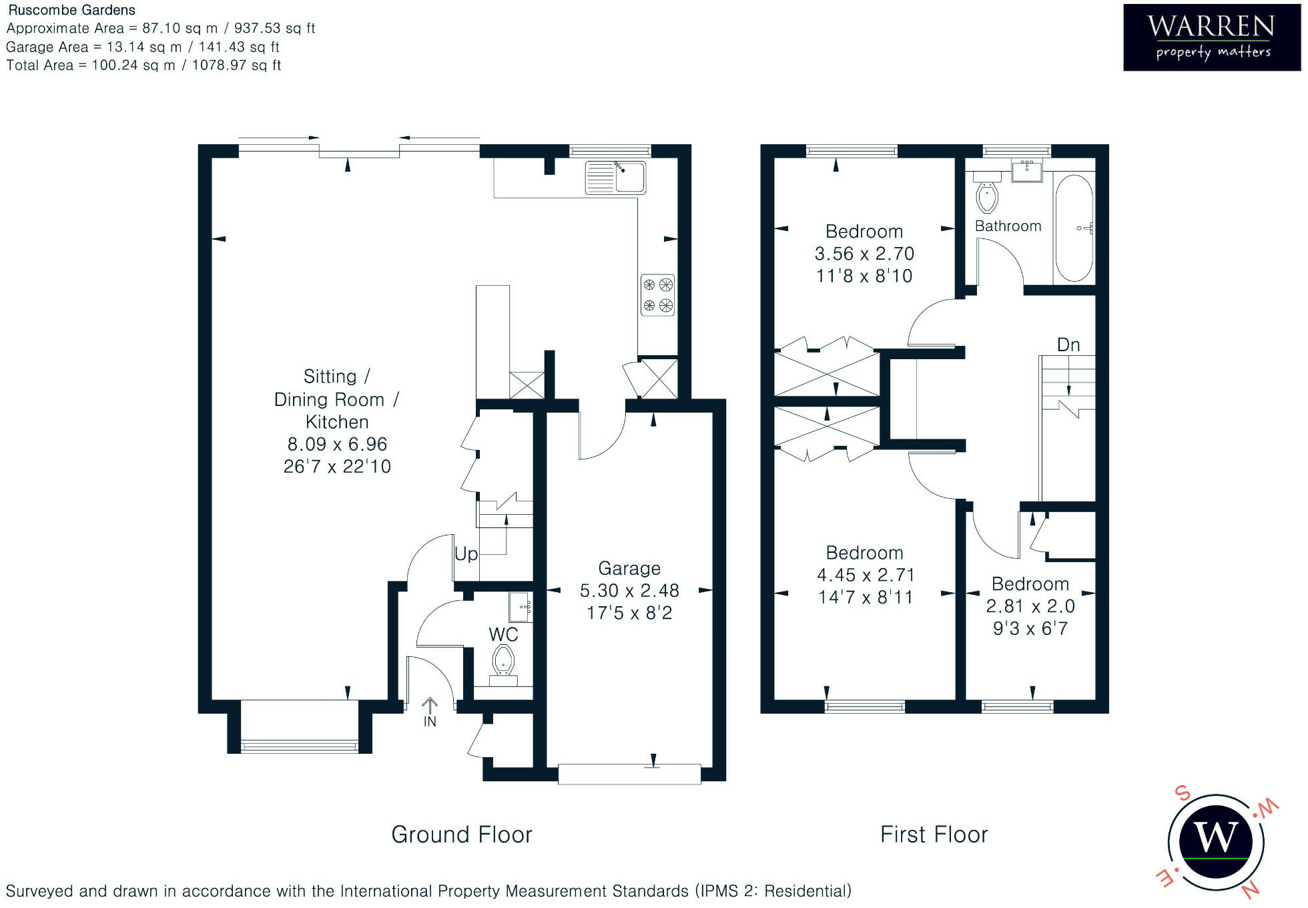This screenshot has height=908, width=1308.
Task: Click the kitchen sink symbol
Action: click(x=615, y=178)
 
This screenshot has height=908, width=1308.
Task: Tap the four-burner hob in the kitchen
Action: click(x=657, y=295)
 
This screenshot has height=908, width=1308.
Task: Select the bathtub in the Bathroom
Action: click(x=1074, y=228)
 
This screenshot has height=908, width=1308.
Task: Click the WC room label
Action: click(x=503, y=634)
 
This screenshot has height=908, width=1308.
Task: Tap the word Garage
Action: click(x=629, y=568)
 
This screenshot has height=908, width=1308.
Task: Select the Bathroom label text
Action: click(x=1008, y=226)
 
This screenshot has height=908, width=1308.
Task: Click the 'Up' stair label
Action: click(x=466, y=554)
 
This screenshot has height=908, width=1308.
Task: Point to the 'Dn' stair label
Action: click(x=1068, y=345)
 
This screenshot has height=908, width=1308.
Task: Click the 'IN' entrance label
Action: click(x=430, y=722)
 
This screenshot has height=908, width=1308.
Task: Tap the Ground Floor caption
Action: click(x=462, y=835)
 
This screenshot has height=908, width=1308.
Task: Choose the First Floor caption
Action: click(x=934, y=835)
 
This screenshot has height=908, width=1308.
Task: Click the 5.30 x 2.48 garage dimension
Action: click(x=629, y=591)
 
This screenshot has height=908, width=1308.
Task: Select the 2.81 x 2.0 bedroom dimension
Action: click(x=1030, y=606)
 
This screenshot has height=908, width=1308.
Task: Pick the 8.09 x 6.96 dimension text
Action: click(x=337, y=444)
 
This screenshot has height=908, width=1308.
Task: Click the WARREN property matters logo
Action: click(x=1212, y=37)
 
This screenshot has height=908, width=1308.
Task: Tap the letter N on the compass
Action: click(x=1249, y=889)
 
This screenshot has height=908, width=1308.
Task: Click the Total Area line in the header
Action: click(x=143, y=65)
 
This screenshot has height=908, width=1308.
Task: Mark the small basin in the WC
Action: click(x=520, y=607)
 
